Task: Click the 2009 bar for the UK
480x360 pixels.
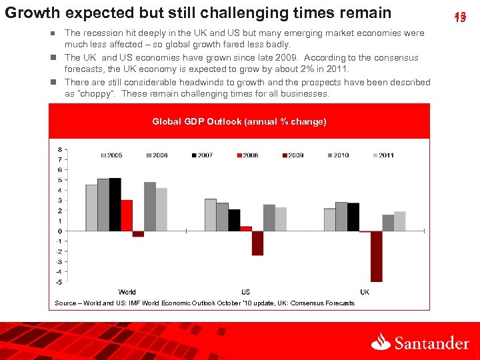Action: pos(377,256)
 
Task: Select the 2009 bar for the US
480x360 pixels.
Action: pos(257,243)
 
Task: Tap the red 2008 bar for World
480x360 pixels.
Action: pos(127,215)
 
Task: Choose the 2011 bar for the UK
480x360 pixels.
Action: pos(400,221)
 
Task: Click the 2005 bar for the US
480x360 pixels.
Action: pos(210,215)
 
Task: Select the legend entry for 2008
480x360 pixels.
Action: pos(247,155)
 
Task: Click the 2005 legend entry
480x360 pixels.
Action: pos(112,155)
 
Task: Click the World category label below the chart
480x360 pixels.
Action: pos(127,292)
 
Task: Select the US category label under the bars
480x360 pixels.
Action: pos(245,292)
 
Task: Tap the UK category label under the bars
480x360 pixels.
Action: pos(365,292)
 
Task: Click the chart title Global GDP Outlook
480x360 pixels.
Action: pos(239,121)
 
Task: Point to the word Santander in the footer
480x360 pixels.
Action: pos(431,343)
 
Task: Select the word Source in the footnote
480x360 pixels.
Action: pos(65,303)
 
